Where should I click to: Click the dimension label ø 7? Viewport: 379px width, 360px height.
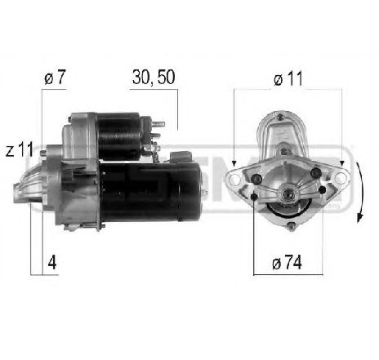(55, 78)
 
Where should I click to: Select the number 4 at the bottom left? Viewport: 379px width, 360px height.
(51, 264)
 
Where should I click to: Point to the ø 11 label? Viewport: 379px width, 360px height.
(288, 78)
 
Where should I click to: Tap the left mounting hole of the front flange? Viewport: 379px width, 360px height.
(239, 177)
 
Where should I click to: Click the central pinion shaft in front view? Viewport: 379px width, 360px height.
(288, 196)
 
